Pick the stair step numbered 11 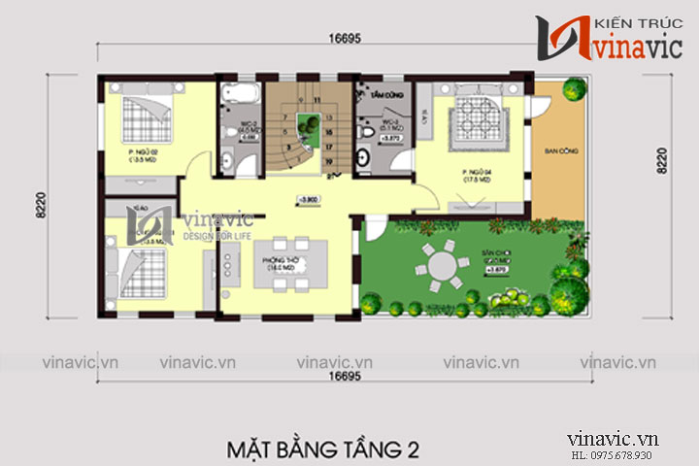click(315, 100)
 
